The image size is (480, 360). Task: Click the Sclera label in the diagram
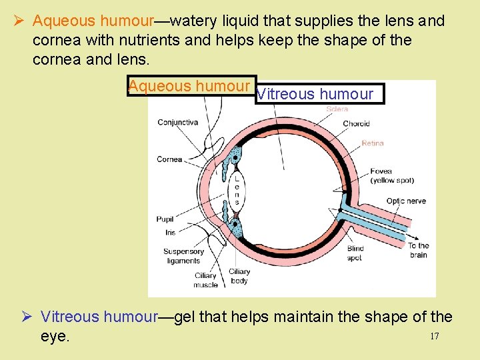tap(337, 108)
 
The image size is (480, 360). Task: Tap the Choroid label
tap(356, 123)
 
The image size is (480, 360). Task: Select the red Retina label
tap(373, 143)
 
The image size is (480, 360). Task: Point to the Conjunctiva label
tap(177, 122)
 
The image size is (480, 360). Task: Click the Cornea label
tap(169, 159)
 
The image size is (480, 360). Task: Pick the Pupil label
tap(165, 219)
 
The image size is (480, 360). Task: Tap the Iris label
tap(170, 233)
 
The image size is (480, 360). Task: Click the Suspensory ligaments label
tap(183, 256)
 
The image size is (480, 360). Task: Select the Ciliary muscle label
tap(205, 280)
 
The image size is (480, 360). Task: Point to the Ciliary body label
tap(239, 276)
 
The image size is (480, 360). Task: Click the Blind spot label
tap(355, 253)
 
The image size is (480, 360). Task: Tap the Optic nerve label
tap(406, 201)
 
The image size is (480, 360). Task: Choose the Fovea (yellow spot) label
tap(392, 176)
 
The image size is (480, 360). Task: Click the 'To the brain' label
tap(419, 250)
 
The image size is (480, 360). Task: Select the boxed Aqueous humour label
tap(189, 87)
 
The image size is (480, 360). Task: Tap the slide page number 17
tap(434, 336)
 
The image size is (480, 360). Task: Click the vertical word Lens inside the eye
tap(236, 190)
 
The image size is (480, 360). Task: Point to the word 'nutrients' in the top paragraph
tap(149, 40)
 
